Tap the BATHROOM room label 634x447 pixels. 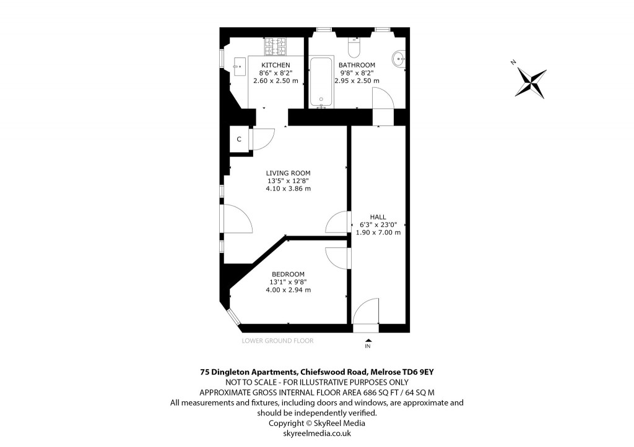(x=357, y=65)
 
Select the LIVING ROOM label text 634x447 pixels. (x=288, y=173)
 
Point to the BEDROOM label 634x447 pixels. (x=288, y=274)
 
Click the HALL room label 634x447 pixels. (x=378, y=216)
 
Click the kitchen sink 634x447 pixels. (x=238, y=65)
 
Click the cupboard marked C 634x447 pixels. (x=239, y=139)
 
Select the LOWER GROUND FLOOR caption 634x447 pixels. (x=278, y=341)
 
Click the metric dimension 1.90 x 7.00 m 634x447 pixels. (x=378, y=232)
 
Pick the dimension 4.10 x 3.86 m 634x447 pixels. (x=288, y=189)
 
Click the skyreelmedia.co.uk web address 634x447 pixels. (x=316, y=433)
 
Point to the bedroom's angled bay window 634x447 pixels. (x=233, y=317)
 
